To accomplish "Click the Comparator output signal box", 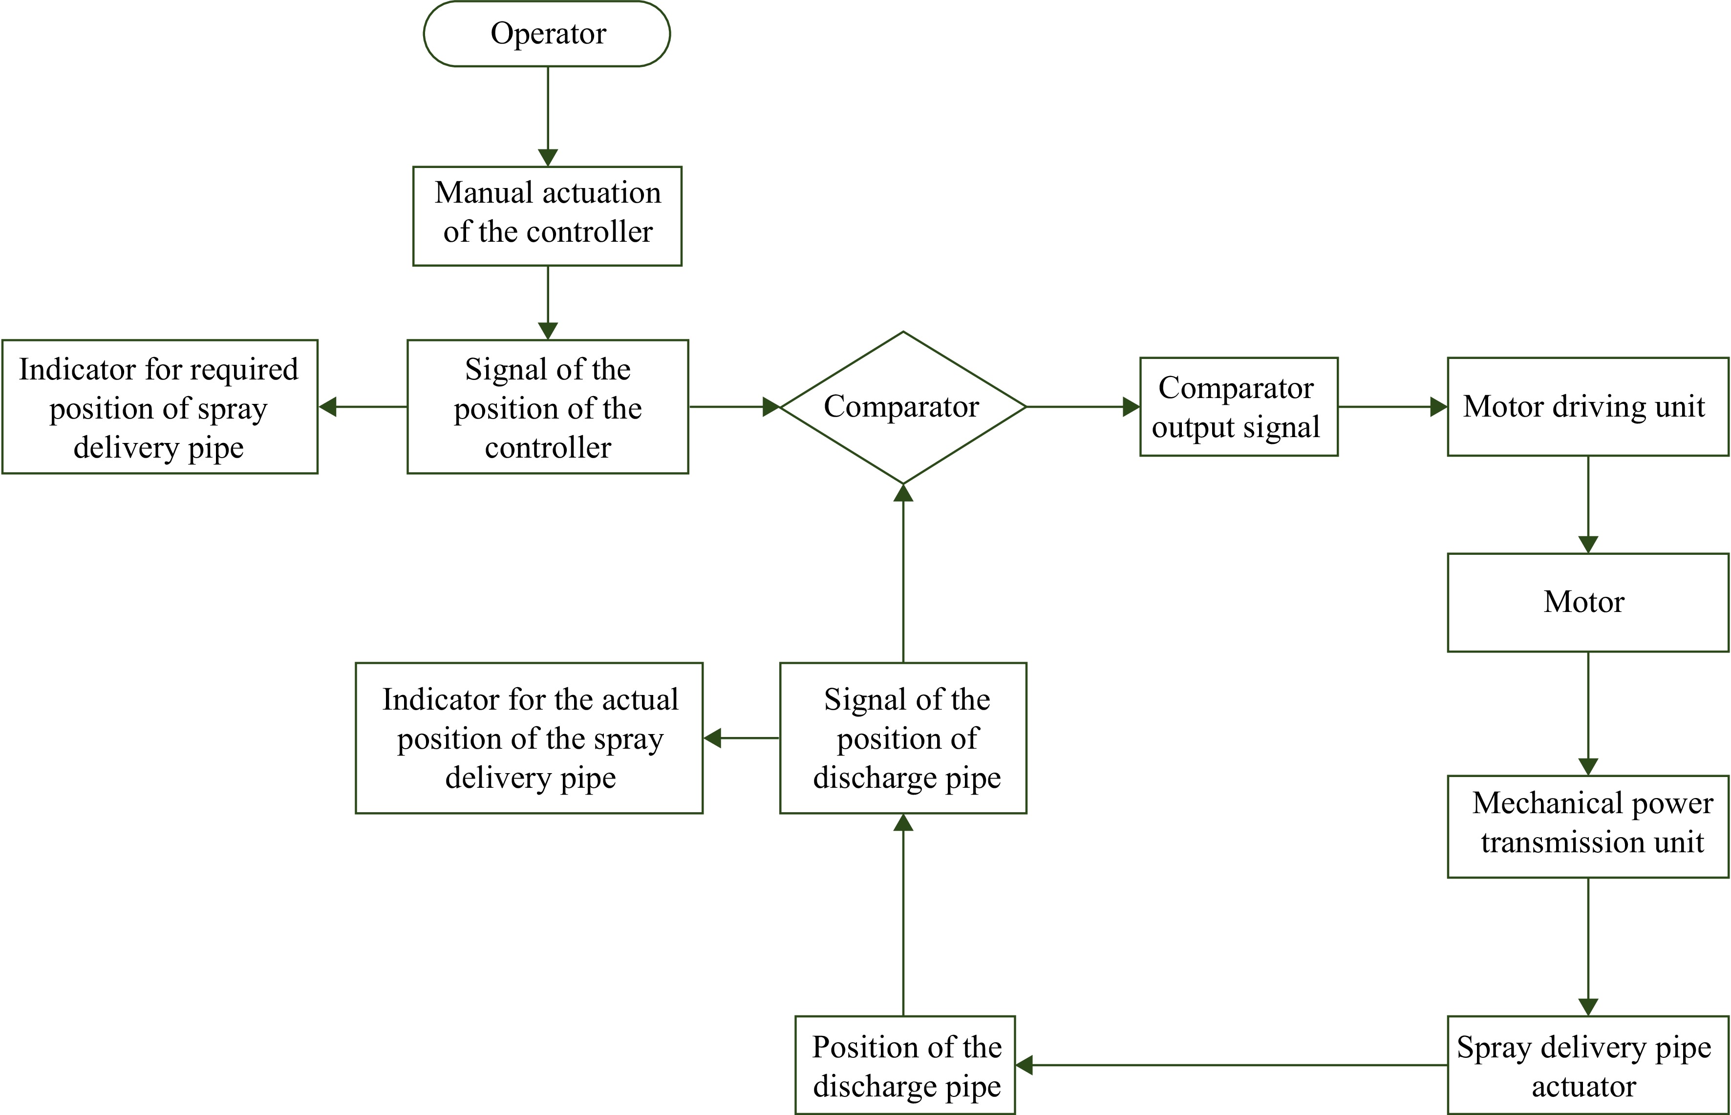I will (1239, 407).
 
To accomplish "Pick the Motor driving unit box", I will (1587, 407).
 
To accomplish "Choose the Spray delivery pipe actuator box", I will (1587, 1065).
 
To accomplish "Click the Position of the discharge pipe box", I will (905, 1065).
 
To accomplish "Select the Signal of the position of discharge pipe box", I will (903, 738).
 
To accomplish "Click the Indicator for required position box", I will (159, 407).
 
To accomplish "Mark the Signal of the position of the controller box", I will (548, 407).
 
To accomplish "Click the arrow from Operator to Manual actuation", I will (548, 116).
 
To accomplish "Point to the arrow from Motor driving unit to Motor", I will (1587, 505).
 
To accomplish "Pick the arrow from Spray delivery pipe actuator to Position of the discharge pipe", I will (1231, 1065).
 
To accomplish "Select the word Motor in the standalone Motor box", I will (1584, 602).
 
